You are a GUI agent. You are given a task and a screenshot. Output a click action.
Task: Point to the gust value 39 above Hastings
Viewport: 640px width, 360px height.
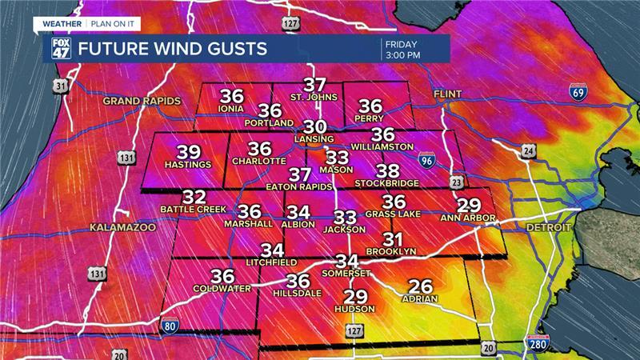189,152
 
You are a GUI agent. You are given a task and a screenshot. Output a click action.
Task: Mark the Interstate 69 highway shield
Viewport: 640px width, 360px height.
577,92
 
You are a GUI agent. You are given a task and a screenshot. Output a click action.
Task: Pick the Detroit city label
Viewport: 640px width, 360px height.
547,228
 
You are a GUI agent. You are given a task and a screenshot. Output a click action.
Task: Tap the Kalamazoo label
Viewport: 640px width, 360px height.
122,228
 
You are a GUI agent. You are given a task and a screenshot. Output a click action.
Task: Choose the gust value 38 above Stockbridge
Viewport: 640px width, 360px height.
388,170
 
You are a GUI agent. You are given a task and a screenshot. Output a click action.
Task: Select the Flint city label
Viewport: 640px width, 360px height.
448,94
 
